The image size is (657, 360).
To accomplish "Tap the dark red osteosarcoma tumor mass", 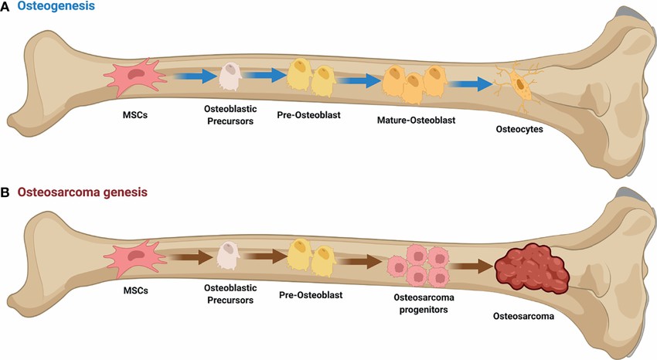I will tap(533, 270).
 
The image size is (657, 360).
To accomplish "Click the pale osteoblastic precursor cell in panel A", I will tap(230, 76).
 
